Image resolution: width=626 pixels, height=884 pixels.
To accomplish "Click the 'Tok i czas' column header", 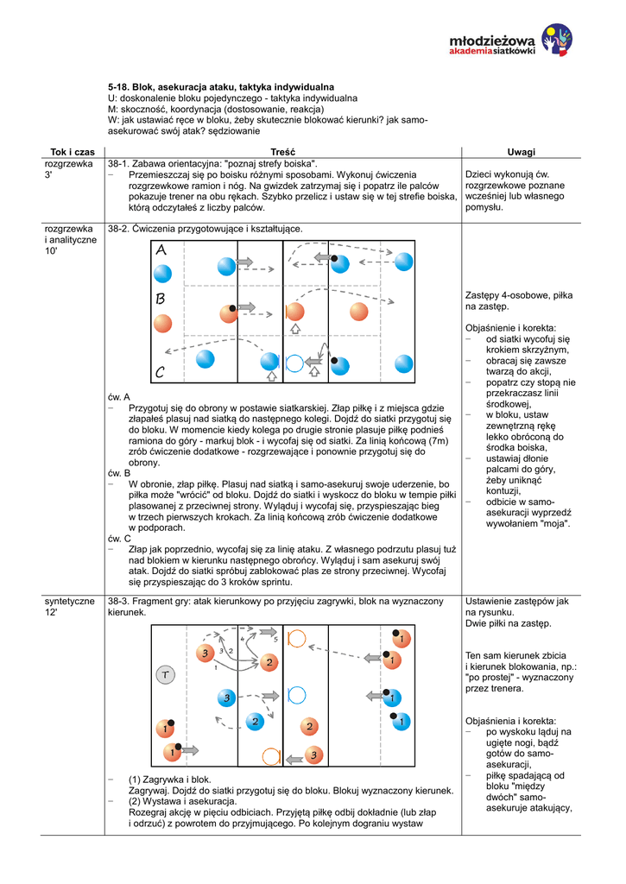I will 73,152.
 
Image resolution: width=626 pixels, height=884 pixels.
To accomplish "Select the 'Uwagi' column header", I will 522,152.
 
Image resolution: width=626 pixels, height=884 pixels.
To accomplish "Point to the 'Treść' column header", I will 283,152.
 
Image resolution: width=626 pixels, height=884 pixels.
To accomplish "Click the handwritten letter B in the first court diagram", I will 161,300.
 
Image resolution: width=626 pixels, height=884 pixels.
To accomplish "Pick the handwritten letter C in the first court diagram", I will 161,373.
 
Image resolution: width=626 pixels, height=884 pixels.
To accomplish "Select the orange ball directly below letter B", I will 161,324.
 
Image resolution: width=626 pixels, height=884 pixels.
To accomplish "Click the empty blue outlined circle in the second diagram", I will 296,694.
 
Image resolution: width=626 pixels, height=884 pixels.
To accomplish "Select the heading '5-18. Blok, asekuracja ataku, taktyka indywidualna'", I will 220,88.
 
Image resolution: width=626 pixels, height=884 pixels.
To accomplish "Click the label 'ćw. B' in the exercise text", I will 119,473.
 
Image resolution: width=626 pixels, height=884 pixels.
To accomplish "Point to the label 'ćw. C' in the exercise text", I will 119,538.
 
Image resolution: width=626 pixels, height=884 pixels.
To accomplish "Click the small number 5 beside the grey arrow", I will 275,640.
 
